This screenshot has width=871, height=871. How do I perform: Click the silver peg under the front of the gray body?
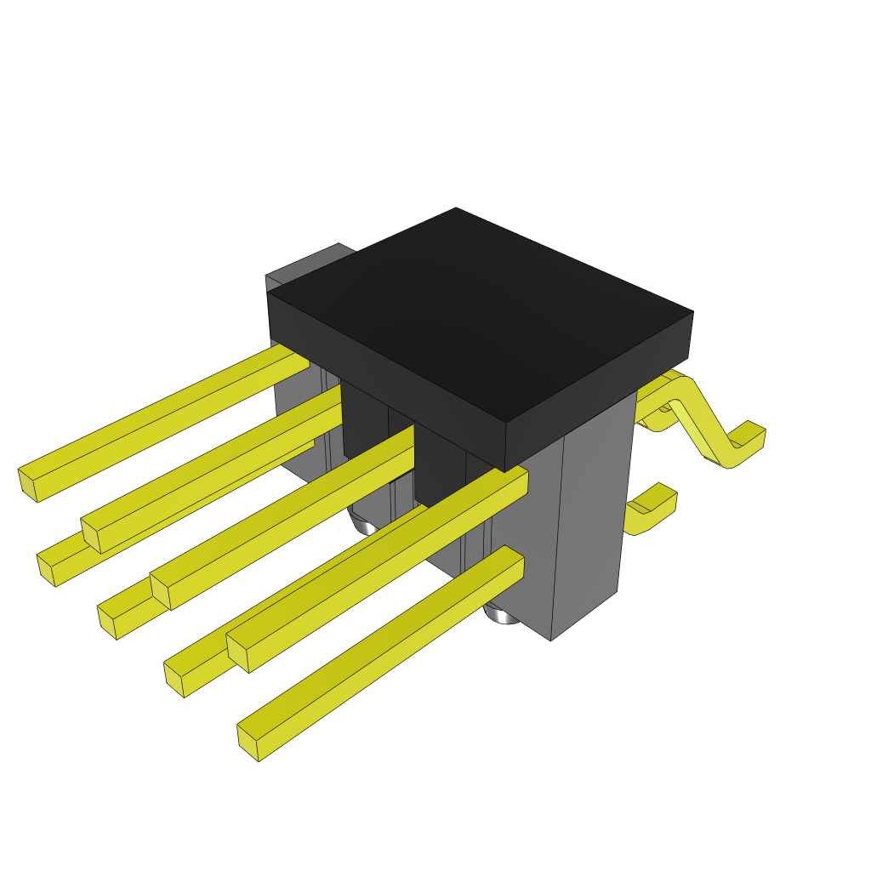[x=502, y=613]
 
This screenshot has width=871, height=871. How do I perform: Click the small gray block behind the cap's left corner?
[x=306, y=267]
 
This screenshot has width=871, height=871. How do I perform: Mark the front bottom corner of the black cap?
[x=505, y=470]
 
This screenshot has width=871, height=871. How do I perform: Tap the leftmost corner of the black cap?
[x=269, y=294]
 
